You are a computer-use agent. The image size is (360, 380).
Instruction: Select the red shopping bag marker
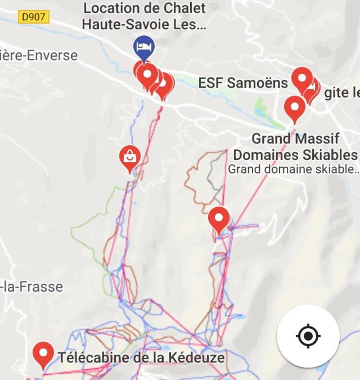coord(130,157)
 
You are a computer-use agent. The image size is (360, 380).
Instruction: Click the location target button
coord(308,336)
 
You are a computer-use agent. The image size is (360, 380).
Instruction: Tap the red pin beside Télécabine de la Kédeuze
coord(43,354)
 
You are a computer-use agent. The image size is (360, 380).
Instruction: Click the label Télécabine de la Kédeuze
coord(141,357)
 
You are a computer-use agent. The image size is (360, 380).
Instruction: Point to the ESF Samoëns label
coord(242,83)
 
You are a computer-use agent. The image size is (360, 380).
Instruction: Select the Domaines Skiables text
coord(295,155)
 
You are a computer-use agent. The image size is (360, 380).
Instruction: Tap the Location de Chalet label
coord(145,8)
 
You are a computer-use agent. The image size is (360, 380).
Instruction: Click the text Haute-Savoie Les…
coord(144,25)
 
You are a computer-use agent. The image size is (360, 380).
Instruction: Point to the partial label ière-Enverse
coord(39,56)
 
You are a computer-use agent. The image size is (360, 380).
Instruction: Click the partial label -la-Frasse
coord(31,287)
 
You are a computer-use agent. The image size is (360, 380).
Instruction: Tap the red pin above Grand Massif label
coord(294,106)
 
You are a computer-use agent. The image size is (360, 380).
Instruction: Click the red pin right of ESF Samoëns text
coord(302,79)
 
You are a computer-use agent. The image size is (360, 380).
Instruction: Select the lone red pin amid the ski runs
coord(219,218)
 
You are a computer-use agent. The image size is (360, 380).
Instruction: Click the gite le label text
coord(341,93)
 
